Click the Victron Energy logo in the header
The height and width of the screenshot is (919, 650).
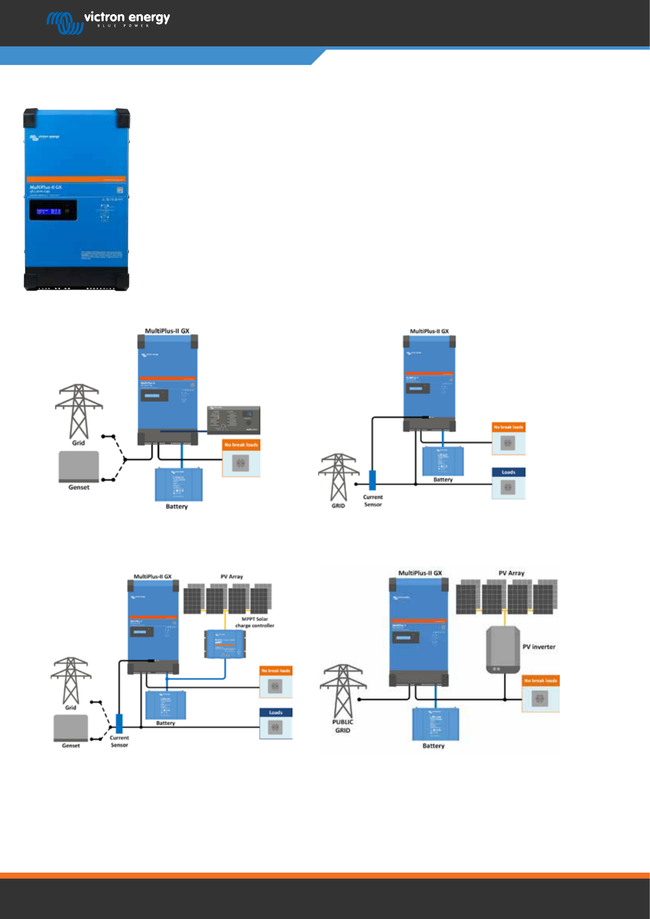point(109,22)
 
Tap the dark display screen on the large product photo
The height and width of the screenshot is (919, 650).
point(53,211)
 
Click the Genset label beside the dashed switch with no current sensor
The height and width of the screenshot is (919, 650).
point(79,487)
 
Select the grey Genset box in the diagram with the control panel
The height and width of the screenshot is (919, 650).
point(79,466)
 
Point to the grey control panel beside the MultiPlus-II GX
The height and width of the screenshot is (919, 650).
point(234,420)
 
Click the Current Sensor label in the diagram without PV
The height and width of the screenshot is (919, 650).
point(373,500)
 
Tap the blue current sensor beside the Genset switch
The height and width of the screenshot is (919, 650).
point(119,724)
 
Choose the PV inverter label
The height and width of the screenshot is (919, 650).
point(539,647)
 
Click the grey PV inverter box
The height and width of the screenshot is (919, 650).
point(503,649)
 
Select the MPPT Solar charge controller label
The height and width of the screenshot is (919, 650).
point(255,622)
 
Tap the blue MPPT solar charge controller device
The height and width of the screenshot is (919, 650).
point(225,644)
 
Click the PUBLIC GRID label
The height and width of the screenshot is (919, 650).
point(343,726)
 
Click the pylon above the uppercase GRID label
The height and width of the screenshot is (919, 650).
point(338,476)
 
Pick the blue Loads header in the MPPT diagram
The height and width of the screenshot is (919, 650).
point(276,712)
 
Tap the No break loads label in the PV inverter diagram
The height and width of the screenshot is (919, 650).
point(540,681)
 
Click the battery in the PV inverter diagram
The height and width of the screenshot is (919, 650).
point(435,724)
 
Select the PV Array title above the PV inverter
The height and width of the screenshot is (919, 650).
point(511,573)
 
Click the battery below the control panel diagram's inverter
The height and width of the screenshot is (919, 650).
point(178,485)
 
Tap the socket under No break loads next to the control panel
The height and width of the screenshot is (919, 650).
point(241,463)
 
